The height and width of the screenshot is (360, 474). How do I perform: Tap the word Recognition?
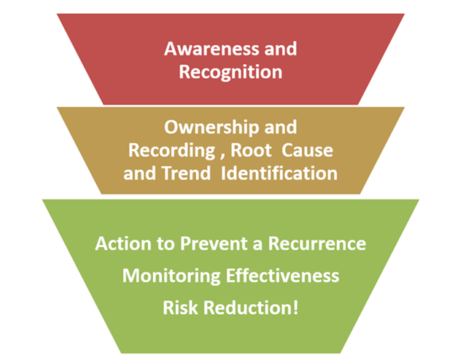(x=230, y=72)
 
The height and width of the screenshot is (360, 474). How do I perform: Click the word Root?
(x=255, y=150)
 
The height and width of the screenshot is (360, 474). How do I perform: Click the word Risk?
(x=180, y=308)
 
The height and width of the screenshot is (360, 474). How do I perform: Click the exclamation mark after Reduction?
(x=295, y=308)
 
